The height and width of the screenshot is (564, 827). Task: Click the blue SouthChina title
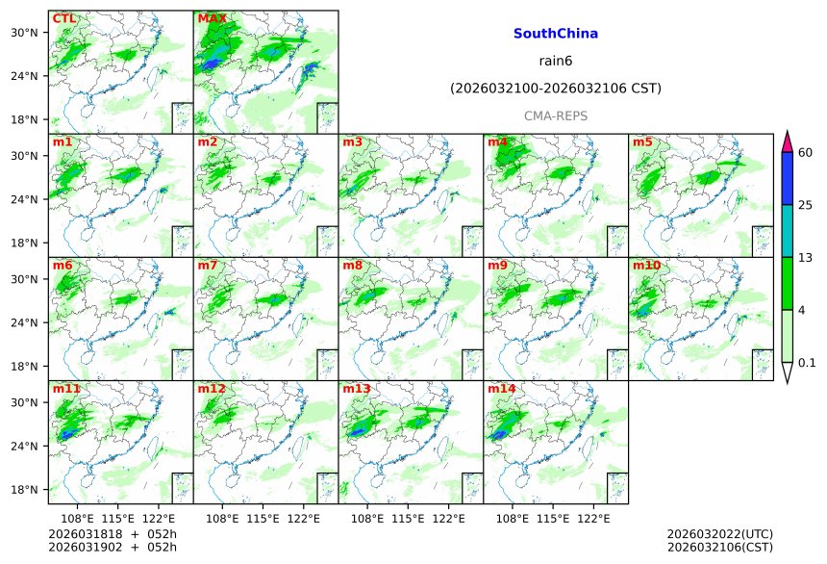pyautogui.click(x=555, y=34)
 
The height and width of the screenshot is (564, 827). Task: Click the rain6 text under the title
pyautogui.click(x=555, y=62)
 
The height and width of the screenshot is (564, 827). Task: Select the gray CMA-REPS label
pyautogui.click(x=555, y=115)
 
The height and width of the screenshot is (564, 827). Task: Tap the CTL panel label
pyautogui.click(x=64, y=18)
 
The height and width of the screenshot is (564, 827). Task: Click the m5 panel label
pyautogui.click(x=642, y=142)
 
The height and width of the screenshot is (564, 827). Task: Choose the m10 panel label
pyautogui.click(x=646, y=266)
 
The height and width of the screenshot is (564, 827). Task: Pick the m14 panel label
pyautogui.click(x=501, y=389)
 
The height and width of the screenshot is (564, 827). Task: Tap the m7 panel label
pyautogui.click(x=208, y=266)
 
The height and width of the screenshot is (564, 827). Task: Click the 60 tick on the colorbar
pyautogui.click(x=806, y=152)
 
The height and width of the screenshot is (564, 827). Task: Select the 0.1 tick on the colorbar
pyautogui.click(x=807, y=362)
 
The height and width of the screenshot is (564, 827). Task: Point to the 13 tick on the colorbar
pyautogui.click(x=806, y=257)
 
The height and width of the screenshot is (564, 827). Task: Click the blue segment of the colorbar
pyautogui.click(x=787, y=178)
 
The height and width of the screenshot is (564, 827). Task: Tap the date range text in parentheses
pyautogui.click(x=555, y=89)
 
